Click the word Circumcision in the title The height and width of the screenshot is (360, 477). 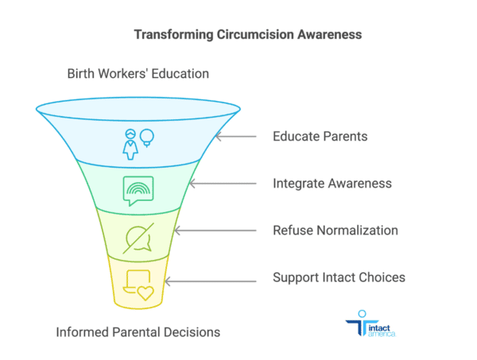[255, 34]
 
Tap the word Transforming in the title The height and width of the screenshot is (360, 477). [173, 35]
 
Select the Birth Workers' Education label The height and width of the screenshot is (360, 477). [138, 74]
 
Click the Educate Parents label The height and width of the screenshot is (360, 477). [320, 136]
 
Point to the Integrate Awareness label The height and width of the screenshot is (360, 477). [332, 184]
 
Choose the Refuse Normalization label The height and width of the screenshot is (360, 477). [335, 230]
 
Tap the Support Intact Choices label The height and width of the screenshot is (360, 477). [339, 277]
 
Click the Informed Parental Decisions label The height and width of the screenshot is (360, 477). [138, 332]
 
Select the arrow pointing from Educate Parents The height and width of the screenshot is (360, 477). [236, 137]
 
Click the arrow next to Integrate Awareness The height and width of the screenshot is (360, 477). [223, 184]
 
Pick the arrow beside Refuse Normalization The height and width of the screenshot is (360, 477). [215, 230]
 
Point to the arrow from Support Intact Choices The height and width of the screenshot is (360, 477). [211, 281]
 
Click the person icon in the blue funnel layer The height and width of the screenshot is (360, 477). [130, 145]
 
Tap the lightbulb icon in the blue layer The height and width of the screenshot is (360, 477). [146, 138]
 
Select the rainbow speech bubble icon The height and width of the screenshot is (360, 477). [138, 191]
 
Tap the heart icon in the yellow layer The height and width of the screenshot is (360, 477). [145, 293]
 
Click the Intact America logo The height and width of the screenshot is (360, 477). [370, 323]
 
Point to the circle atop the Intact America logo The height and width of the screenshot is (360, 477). [362, 314]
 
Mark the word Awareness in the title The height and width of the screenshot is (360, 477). [329, 34]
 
